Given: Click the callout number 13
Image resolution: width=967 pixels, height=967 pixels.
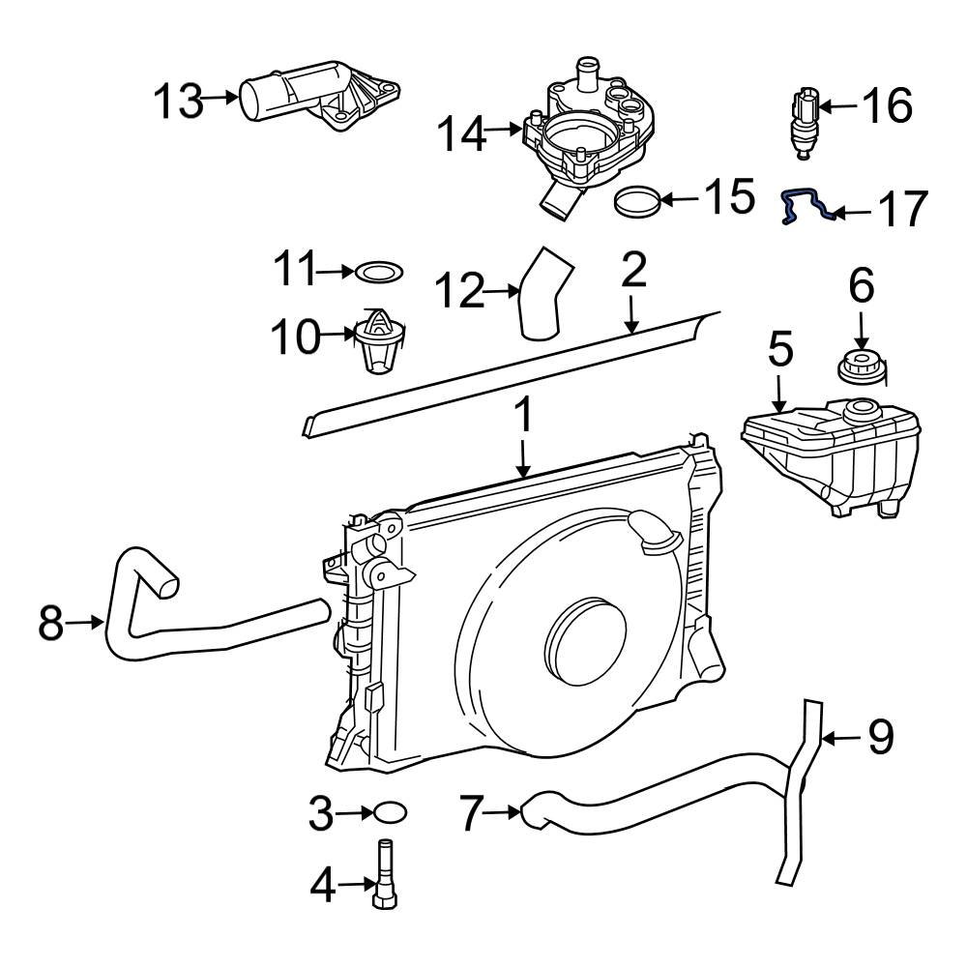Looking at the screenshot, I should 179,101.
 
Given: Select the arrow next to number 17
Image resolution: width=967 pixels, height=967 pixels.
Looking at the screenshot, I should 851,211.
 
